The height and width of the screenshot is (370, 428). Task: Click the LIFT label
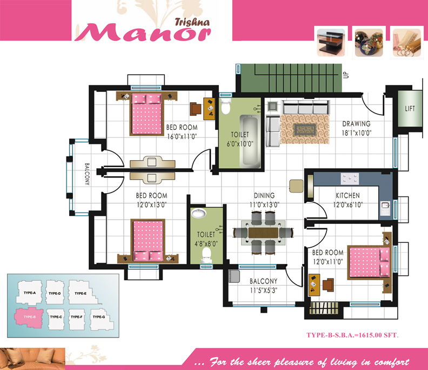coord(410,109)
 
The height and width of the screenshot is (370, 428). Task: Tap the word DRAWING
coord(356,124)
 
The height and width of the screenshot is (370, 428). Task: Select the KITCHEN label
coord(347,195)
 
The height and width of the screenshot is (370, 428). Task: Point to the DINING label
coord(264,195)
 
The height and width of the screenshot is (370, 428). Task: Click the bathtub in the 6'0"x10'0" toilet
coord(250,141)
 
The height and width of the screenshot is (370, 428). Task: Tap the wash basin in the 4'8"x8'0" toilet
coord(198,213)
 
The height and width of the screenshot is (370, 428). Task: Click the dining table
coord(263,233)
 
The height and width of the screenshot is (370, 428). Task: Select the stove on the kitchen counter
coord(350,179)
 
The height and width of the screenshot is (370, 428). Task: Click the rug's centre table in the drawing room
coord(305,130)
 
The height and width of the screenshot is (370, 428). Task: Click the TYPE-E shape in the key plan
coord(83,292)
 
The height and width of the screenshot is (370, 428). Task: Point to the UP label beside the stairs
coord(346,75)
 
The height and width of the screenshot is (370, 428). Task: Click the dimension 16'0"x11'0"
coord(182,136)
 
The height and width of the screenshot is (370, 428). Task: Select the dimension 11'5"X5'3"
coord(263,290)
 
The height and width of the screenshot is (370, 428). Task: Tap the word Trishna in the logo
coord(192,22)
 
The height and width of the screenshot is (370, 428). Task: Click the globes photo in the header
coord(369,43)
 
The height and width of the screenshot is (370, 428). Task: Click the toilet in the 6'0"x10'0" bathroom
coord(226,107)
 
